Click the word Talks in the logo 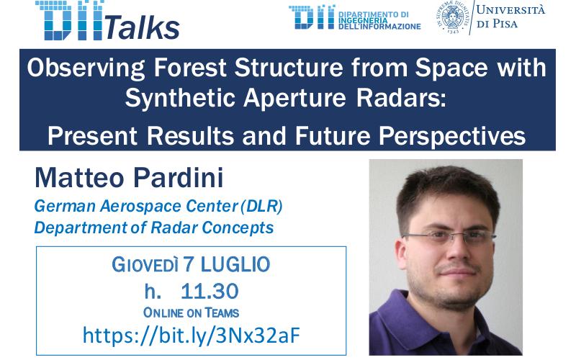143,27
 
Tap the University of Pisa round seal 453,17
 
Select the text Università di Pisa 510,17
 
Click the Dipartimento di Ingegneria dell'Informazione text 379,21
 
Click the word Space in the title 451,68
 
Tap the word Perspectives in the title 452,137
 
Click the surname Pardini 178,178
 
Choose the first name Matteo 80,178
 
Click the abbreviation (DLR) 261,206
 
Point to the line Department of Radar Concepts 154,228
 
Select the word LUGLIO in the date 235,264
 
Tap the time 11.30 210,291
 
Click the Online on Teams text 191,313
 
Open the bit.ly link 192,335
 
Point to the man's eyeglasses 449,236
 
